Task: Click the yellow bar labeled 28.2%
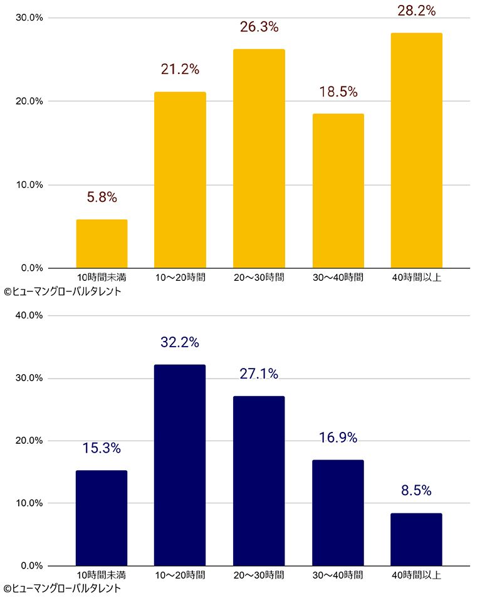[x=416, y=150]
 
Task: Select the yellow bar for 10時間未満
[x=102, y=244]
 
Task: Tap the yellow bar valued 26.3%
[x=259, y=159]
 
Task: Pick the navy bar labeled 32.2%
[x=180, y=465]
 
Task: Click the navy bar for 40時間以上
[x=416, y=539]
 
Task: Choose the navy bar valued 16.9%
[x=338, y=513]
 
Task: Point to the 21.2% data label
[x=180, y=70]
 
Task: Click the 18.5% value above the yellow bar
[x=338, y=92]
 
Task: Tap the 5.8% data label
[x=102, y=197]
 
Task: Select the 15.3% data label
[x=102, y=448]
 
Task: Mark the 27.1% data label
[x=259, y=374]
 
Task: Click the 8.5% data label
[x=416, y=491]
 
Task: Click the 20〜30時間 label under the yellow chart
[x=259, y=277]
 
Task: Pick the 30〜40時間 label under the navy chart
[x=338, y=575]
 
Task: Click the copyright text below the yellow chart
[x=61, y=291]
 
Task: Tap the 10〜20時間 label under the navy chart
[x=180, y=575]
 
